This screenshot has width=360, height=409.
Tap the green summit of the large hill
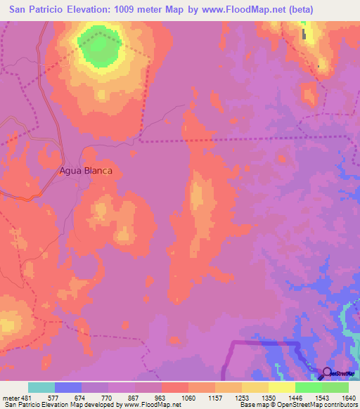99,46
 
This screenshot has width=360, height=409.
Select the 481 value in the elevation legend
28,398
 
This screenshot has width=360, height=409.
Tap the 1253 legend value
242,398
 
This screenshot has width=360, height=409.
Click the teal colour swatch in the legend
41,387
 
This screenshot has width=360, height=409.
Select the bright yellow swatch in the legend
282,387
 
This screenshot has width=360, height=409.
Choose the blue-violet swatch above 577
68,387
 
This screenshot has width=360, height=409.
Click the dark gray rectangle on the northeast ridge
304,33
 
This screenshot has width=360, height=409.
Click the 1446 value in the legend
295,398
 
